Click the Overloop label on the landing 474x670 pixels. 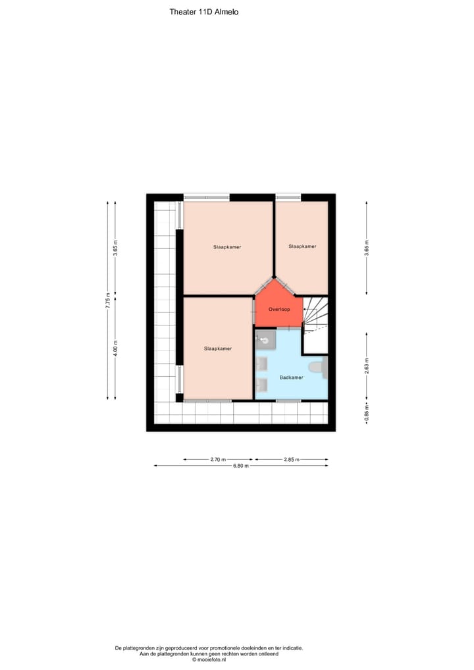[279, 308]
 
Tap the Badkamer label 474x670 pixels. [291, 377]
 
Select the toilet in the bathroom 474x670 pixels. [317, 368]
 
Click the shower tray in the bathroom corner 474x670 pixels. [265, 339]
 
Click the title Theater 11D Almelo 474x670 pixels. [204, 11]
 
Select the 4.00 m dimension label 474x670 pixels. [115, 349]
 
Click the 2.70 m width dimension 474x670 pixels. [218, 459]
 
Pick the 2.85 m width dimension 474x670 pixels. [291, 459]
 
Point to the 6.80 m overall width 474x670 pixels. [241, 466]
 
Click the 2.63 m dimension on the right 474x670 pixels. [367, 366]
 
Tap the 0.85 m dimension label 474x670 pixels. [367, 415]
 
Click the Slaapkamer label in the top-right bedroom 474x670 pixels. [302, 246]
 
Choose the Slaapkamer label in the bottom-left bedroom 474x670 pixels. [217, 349]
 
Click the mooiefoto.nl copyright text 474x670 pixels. [209, 659]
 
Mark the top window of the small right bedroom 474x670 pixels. [288, 196]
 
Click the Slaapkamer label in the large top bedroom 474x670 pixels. [227, 247]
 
